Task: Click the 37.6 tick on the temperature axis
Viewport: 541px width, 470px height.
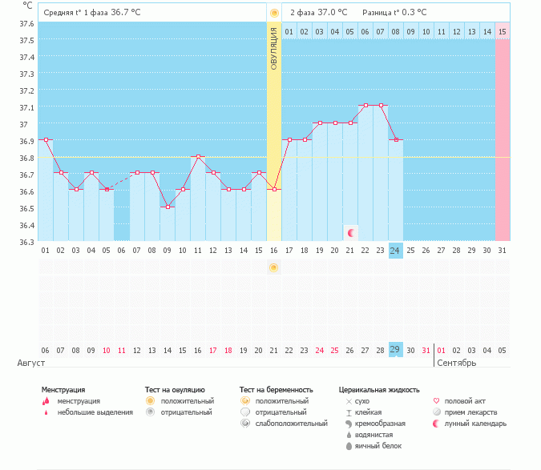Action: coord(26,23)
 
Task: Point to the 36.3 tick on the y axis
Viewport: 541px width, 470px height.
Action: coord(26,242)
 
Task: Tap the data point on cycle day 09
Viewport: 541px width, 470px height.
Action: coord(168,207)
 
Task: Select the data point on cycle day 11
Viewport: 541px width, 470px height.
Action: coord(198,157)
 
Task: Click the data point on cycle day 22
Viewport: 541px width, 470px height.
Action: coord(365,106)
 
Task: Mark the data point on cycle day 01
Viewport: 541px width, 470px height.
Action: coord(46,140)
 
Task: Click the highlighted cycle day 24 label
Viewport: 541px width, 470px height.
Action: coord(395,251)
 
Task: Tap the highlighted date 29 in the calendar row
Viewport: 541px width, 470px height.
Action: coord(395,350)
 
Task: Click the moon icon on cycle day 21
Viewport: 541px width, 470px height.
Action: coord(350,232)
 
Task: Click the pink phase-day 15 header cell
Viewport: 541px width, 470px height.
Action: coord(503,32)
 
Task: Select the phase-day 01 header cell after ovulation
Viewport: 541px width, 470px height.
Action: coord(289,32)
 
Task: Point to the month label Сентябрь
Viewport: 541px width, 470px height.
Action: coord(457,363)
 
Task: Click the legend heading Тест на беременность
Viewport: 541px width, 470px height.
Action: coord(276,390)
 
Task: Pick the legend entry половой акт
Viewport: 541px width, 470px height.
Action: coord(464,400)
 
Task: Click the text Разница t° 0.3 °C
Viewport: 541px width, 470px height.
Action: coord(394,13)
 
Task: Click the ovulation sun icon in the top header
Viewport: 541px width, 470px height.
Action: coord(274,13)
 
